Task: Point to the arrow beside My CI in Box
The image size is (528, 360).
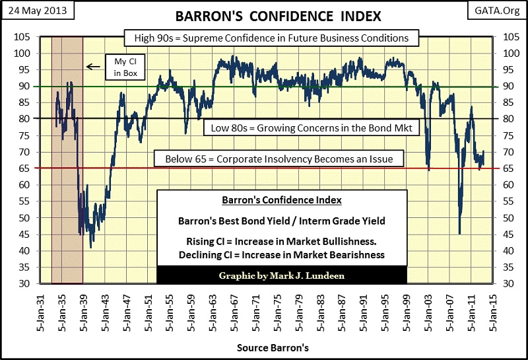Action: [x=93, y=67]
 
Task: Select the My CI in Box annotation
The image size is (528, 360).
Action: [x=121, y=67]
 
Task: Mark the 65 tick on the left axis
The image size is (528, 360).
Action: [x=24, y=168]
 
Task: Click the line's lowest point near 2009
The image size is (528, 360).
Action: [x=459, y=233]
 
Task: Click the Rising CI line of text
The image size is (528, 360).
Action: [x=281, y=240]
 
